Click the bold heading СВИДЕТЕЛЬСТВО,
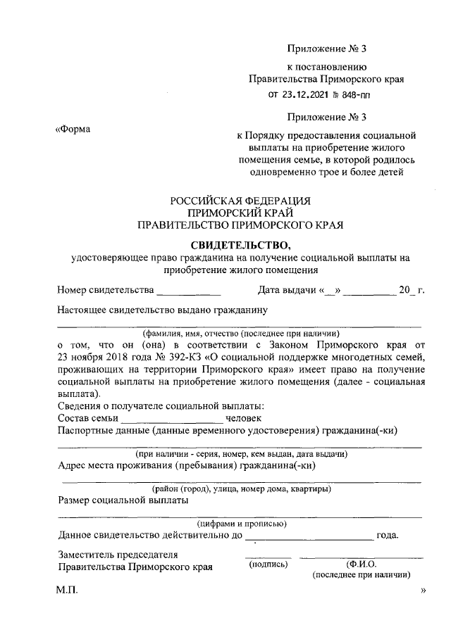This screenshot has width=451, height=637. (x=240, y=245)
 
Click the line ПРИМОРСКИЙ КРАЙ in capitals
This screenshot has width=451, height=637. (x=240, y=213)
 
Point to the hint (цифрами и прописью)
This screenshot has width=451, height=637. (x=240, y=524)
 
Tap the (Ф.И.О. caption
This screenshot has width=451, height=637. (x=362, y=564)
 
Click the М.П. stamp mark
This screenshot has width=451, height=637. (x=68, y=592)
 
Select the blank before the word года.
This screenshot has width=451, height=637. (x=310, y=536)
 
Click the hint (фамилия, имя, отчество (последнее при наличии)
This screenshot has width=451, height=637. (x=240, y=333)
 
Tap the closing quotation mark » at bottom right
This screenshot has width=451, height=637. (x=423, y=592)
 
